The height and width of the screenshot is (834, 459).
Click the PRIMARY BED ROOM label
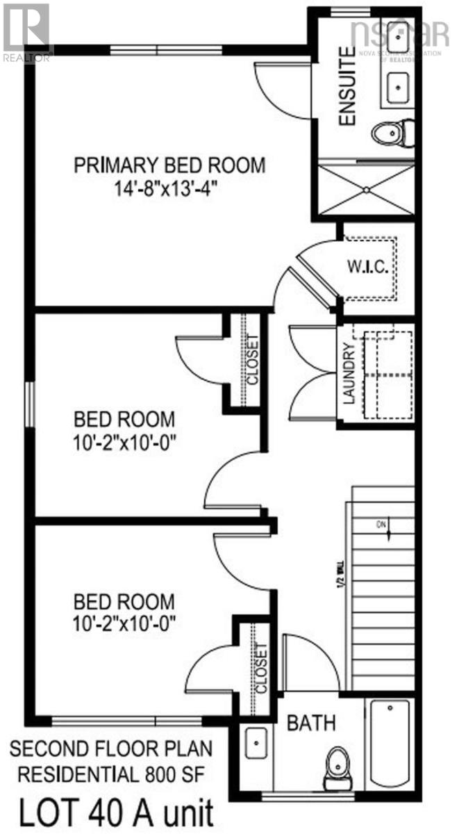[x=170, y=165]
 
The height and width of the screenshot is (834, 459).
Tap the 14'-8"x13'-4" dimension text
[x=170, y=189]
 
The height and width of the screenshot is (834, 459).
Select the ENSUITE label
[x=347, y=94]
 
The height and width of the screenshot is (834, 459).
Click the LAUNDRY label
[x=349, y=375]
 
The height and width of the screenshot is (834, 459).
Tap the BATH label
[x=312, y=723]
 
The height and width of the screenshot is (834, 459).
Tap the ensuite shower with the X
[x=365, y=187]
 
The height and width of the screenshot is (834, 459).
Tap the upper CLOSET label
[x=252, y=359]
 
